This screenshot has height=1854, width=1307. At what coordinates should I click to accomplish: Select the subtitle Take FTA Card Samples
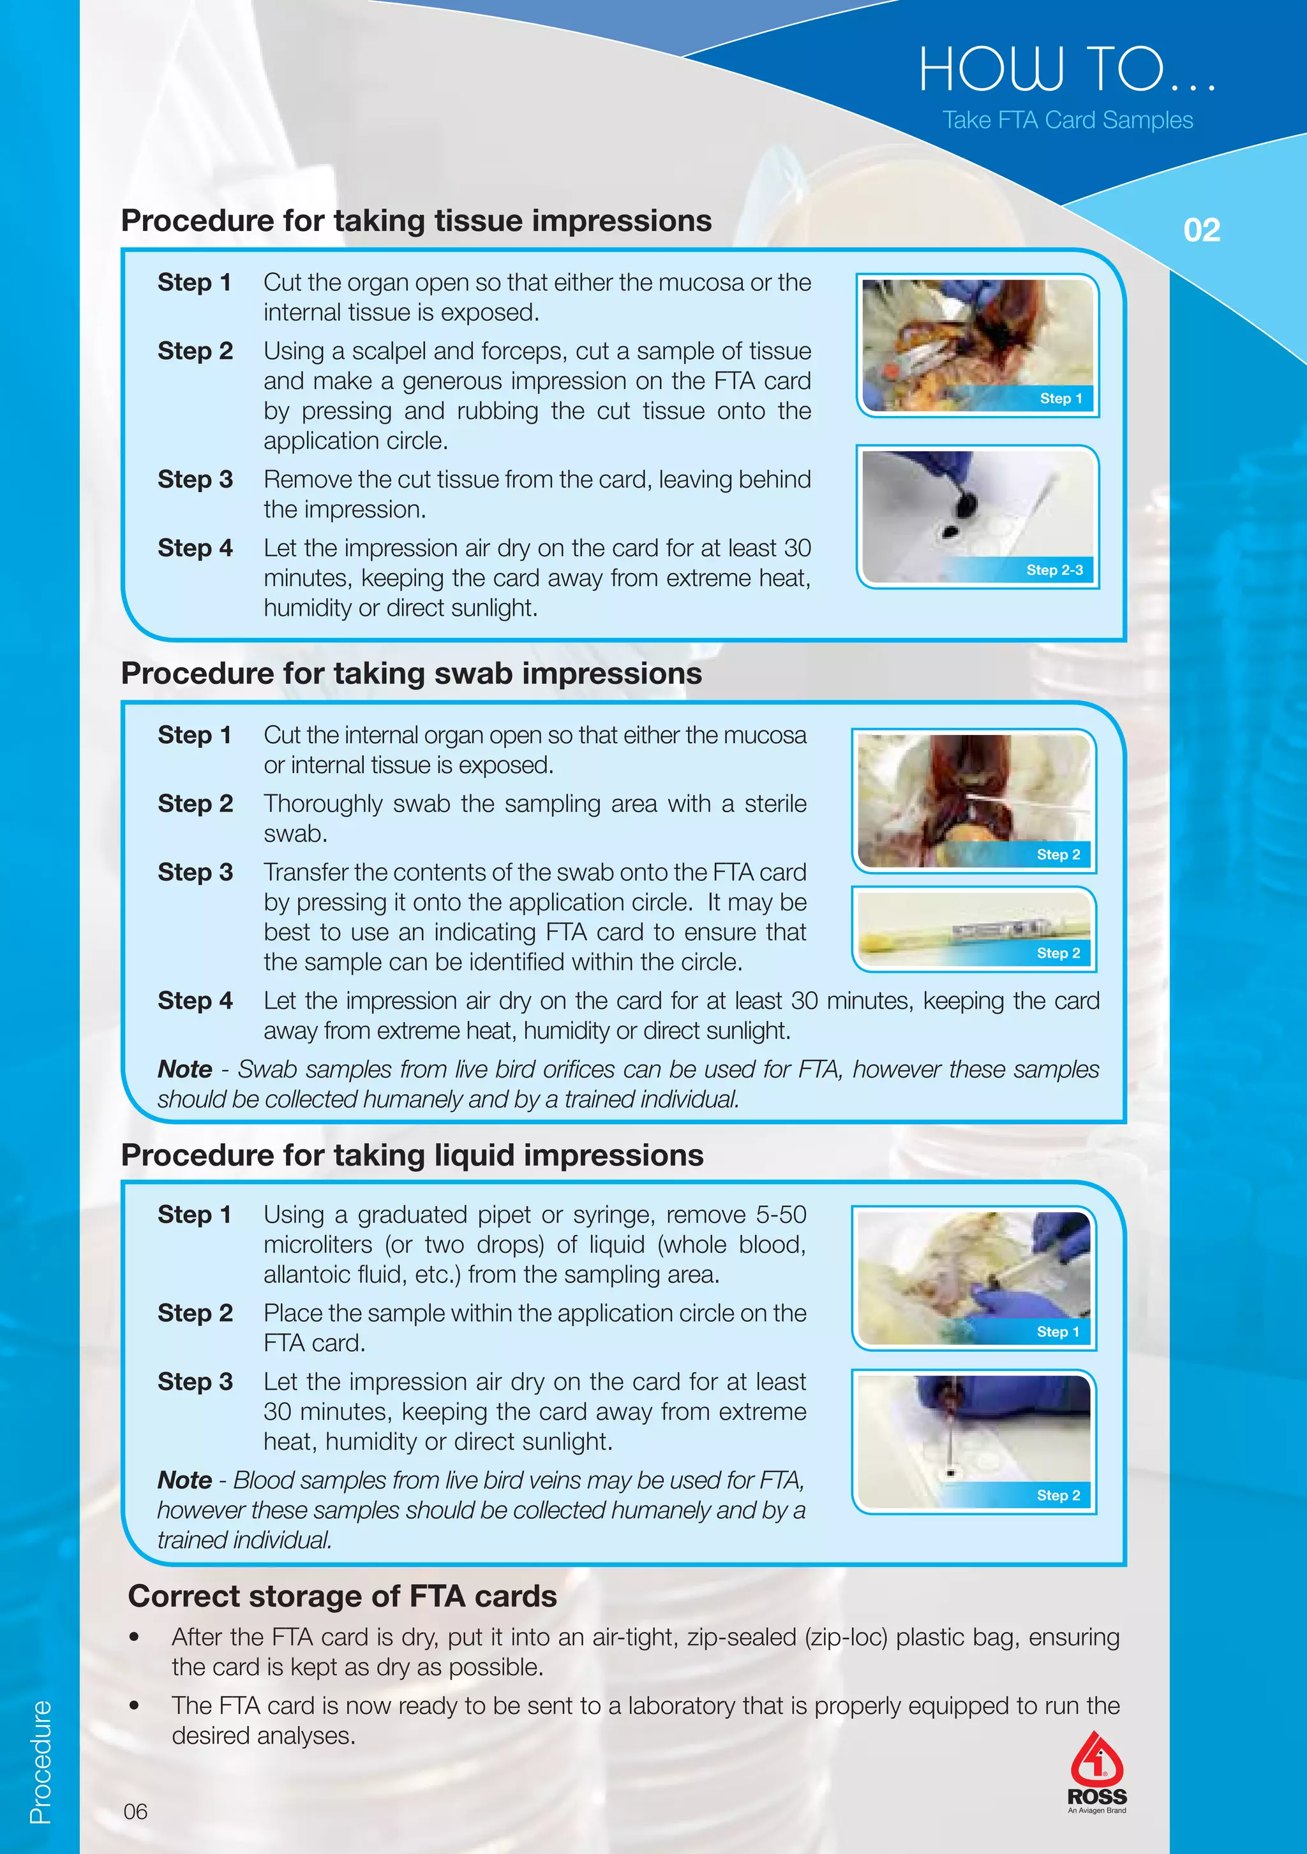(1067, 121)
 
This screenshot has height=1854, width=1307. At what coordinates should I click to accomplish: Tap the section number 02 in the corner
(1201, 230)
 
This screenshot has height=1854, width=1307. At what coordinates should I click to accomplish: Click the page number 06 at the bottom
(136, 1811)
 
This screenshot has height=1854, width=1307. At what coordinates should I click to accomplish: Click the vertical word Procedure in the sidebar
(40, 1761)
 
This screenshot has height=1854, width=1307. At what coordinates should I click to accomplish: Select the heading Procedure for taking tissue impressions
(416, 221)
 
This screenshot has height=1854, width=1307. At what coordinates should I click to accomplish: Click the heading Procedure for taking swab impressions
(411, 674)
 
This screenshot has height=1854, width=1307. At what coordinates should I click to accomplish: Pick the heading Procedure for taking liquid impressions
(412, 1155)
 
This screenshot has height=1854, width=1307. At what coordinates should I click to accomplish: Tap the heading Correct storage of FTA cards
(343, 1596)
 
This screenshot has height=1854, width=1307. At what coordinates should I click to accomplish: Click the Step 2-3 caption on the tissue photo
(1054, 570)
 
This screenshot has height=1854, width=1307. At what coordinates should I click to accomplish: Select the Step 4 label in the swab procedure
(195, 1000)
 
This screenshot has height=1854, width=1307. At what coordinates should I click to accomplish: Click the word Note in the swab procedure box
(184, 1069)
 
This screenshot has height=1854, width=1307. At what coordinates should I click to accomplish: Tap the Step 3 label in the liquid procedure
(195, 1382)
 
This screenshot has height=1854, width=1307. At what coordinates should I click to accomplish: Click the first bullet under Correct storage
(135, 1638)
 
